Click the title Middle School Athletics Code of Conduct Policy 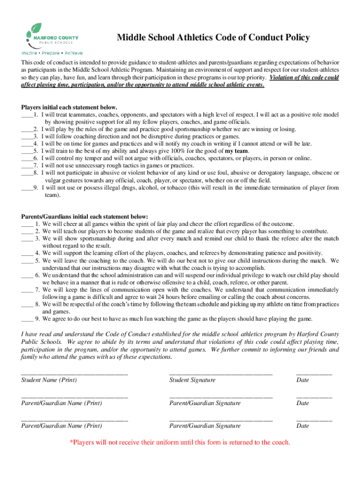213,37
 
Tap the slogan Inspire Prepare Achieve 50,53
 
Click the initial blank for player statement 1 27,115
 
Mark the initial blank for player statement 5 27,151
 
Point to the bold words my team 237,151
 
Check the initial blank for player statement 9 27,188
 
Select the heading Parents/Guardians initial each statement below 85,217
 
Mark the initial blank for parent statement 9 27,319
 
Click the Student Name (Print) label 49,380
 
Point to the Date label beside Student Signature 302,380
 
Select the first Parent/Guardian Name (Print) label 62,403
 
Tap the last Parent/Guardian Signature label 205,426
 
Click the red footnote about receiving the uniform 180,443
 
